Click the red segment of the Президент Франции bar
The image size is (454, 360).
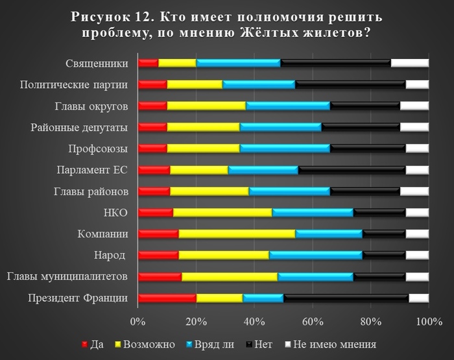point(167,298)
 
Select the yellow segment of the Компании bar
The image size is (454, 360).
point(236,234)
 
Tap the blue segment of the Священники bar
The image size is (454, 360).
point(238,63)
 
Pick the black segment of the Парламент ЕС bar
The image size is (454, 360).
point(352,170)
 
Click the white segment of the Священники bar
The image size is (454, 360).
point(409,63)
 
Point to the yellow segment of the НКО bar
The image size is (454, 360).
point(222,212)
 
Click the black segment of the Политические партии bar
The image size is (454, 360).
point(350,84)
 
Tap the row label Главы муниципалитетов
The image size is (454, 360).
point(67,276)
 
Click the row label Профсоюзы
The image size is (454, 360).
point(98,149)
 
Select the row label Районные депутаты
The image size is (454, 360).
point(79,127)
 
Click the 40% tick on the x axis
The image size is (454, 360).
point(254,320)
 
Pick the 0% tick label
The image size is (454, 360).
point(137,320)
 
